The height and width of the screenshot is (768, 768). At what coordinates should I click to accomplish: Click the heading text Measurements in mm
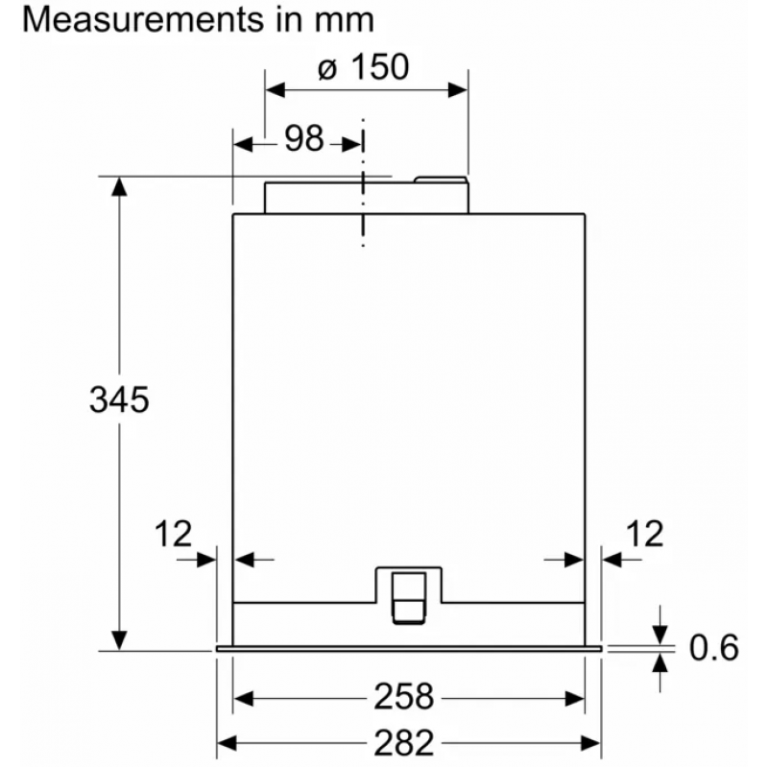(198, 19)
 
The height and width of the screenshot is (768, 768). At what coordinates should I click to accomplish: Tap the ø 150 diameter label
(363, 67)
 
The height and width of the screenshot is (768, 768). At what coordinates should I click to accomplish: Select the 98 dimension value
(304, 138)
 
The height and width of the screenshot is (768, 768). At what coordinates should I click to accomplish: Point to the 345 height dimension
(119, 399)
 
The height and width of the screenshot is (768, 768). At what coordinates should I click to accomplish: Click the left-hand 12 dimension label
(173, 534)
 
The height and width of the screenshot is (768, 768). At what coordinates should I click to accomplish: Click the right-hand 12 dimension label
(644, 534)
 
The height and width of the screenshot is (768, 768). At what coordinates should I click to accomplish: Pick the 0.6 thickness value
(713, 648)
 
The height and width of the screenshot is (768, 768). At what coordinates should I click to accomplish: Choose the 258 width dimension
(404, 697)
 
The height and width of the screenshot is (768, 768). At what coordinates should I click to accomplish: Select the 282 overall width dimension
(404, 743)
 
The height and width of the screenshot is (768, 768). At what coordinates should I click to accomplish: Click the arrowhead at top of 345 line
(119, 186)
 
